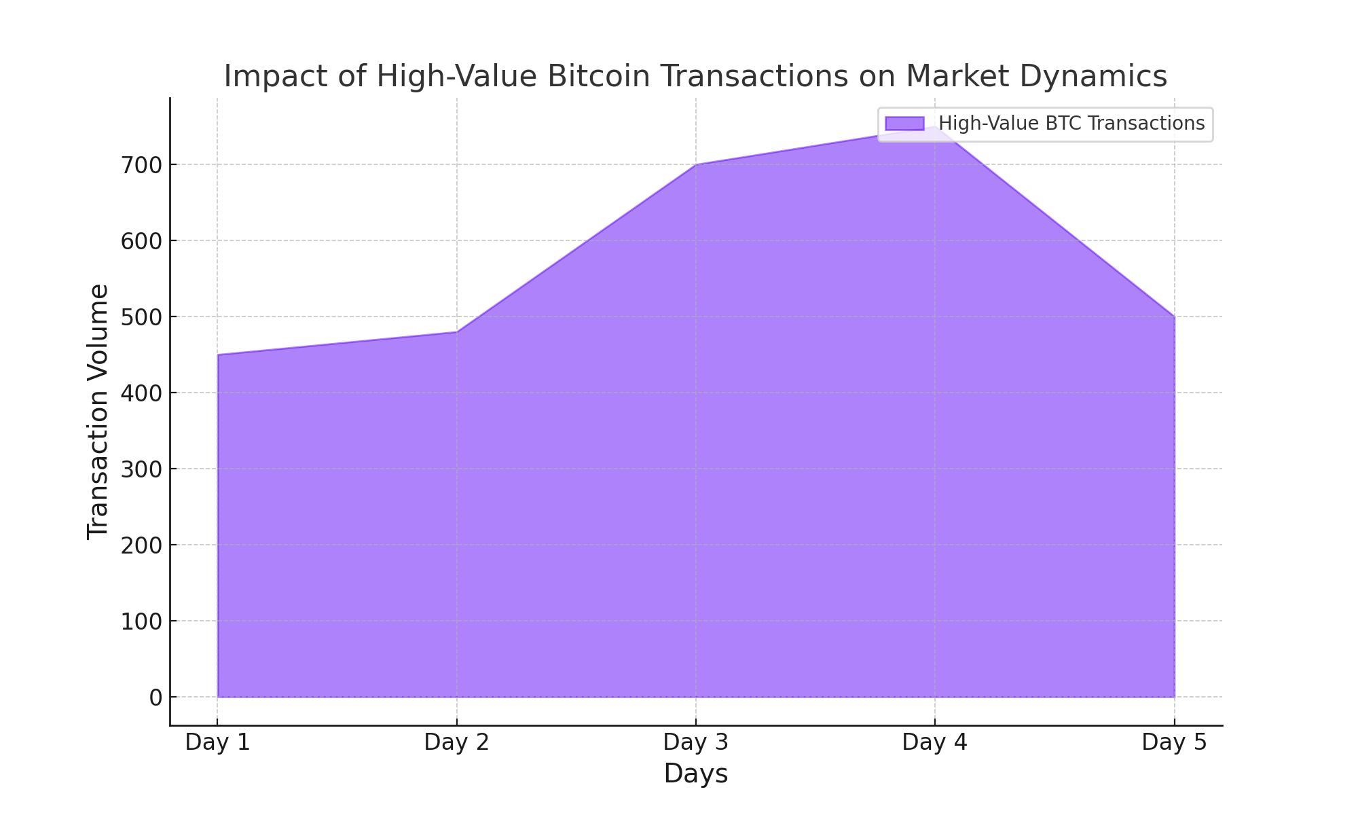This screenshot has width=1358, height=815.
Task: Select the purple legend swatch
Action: [904, 124]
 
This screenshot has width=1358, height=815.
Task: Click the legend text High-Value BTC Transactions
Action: [1071, 124]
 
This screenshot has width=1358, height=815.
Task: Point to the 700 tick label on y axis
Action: [141, 165]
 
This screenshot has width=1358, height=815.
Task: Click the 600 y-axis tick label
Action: [141, 241]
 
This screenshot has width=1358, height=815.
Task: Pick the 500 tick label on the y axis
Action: [141, 317]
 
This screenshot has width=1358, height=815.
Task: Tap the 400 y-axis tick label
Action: [141, 393]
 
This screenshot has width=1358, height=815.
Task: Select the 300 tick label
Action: [141, 469]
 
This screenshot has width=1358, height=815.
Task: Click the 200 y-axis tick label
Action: [141, 545]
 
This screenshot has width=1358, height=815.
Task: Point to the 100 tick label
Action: [141, 621]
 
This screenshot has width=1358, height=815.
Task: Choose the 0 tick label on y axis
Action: [155, 698]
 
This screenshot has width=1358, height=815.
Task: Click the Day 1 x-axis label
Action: [217, 742]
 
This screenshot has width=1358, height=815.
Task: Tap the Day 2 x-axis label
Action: [456, 742]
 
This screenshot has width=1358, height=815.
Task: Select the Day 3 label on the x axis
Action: [695, 742]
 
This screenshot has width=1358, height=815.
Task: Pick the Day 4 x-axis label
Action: [934, 742]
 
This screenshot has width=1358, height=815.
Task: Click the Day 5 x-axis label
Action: [1174, 742]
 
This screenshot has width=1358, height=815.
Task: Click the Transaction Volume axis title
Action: [98, 412]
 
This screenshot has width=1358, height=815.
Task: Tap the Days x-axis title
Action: [695, 774]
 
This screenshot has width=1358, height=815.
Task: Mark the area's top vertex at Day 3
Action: [696, 164]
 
